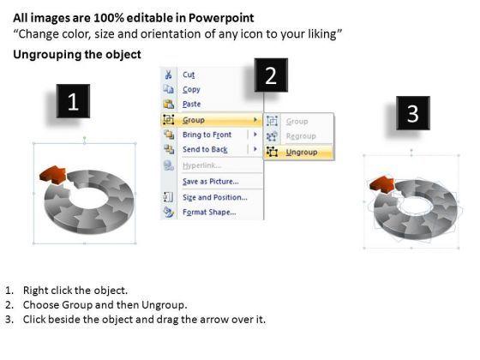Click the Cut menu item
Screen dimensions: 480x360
(189, 75)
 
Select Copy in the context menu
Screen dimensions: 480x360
(191, 89)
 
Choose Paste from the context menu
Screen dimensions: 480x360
(192, 104)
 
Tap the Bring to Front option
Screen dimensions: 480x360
(207, 135)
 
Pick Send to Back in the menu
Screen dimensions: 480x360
(205, 149)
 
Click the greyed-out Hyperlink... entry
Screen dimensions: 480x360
(201, 165)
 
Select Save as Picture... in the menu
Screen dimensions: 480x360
(211, 182)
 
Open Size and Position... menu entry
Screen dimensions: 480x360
(215, 197)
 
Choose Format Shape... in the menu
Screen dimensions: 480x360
(209, 213)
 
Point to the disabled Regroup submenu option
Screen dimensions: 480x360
(301, 136)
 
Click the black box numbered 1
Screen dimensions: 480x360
(73, 101)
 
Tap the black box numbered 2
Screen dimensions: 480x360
(271, 75)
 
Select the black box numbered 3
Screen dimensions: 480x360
(413, 113)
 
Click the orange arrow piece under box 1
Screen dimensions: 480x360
(53, 175)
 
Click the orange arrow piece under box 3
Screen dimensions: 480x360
(382, 184)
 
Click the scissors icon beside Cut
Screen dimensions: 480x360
(168, 75)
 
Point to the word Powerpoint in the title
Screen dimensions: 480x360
(221, 18)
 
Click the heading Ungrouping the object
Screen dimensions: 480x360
(77, 55)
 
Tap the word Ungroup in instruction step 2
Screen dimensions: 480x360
(164, 305)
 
